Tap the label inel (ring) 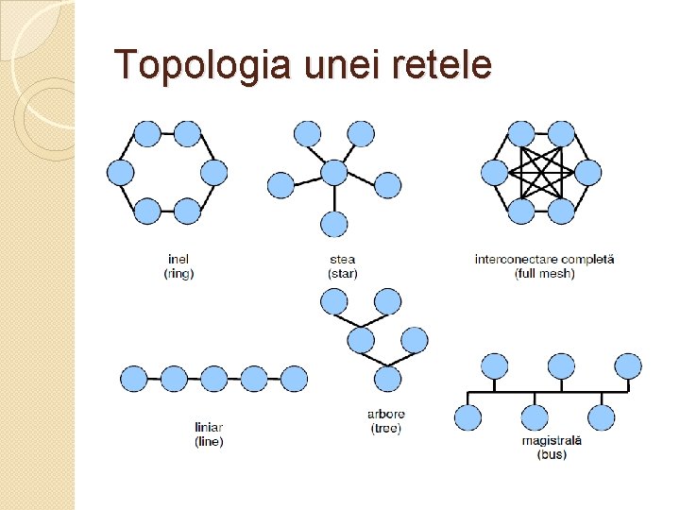(179, 265)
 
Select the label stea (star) (342, 265)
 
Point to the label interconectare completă (544, 259)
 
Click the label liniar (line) (209, 433)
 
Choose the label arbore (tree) (385, 420)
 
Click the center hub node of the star (334, 172)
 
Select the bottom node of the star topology (334, 224)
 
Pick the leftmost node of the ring (120, 172)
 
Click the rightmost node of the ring (214, 172)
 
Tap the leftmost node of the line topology (134, 379)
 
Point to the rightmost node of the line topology (294, 379)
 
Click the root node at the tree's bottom (387, 378)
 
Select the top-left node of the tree (334, 301)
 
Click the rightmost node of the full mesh (587, 173)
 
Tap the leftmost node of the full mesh (494, 173)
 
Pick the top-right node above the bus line (628, 365)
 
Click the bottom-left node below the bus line (467, 417)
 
